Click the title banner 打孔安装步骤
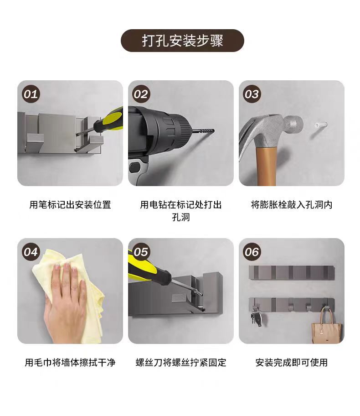tap(182, 41)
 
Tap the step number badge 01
tap(31, 94)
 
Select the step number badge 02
tap(141, 94)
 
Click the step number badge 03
tap(252, 94)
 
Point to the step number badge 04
tap(31, 252)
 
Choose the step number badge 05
tap(141, 252)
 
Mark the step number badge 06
tap(252, 252)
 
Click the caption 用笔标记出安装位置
tap(70, 205)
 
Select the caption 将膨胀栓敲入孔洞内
tap(292, 205)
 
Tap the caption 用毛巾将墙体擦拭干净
tap(70, 363)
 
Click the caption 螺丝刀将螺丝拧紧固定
tap(181, 363)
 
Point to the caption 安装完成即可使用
tap(292, 363)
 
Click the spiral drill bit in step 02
tap(204, 131)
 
